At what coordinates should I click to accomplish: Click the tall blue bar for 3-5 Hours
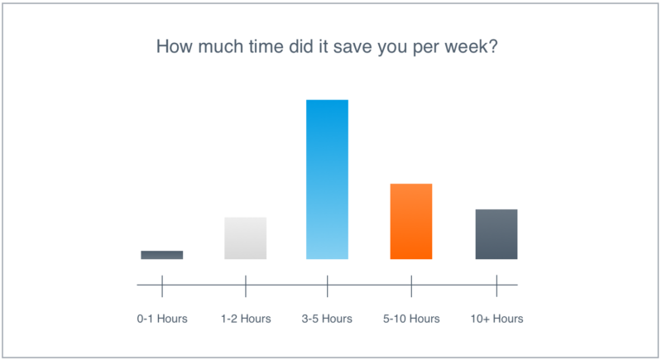[x=327, y=180]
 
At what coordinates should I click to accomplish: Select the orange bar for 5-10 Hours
[x=411, y=221]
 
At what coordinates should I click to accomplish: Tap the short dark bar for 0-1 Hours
[x=162, y=255]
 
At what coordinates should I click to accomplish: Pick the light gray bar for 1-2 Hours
[x=245, y=238]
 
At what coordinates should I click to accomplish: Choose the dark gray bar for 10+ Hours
[x=496, y=234]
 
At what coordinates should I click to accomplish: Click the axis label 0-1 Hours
[x=162, y=319]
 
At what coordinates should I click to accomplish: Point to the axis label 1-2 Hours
[x=246, y=319]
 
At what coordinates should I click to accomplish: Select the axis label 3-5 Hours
[x=327, y=319]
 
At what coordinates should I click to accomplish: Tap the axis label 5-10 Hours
[x=411, y=319]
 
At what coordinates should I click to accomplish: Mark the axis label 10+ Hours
[x=497, y=319]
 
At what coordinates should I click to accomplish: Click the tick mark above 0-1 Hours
[x=162, y=286]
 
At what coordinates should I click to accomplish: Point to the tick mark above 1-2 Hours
[x=246, y=286]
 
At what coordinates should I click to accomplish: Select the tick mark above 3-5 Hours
[x=327, y=286]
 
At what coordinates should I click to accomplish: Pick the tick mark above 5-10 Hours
[x=411, y=286]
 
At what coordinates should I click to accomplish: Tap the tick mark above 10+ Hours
[x=497, y=286]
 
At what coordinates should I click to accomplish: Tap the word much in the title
[x=221, y=46]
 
